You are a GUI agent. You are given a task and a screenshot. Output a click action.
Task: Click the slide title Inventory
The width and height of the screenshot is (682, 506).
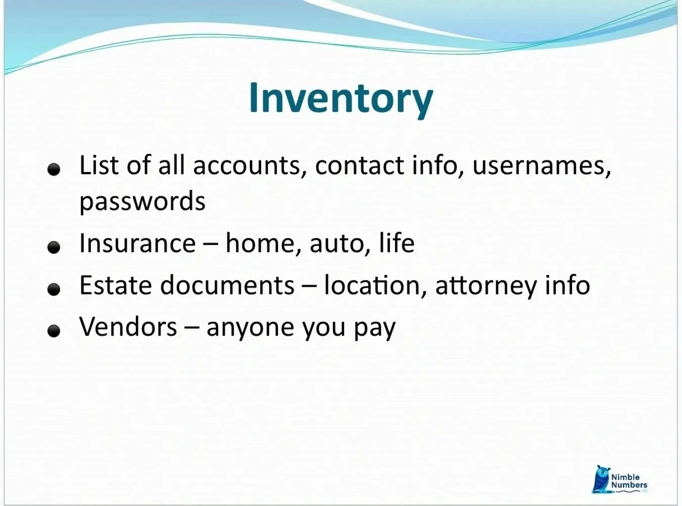341,98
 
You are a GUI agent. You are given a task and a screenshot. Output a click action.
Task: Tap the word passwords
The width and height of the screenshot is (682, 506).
142,201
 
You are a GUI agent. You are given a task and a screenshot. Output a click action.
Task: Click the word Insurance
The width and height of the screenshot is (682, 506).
137,243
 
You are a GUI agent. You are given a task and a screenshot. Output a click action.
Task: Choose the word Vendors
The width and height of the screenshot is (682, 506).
128,326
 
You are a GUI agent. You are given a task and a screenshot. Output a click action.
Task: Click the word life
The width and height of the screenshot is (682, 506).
397,243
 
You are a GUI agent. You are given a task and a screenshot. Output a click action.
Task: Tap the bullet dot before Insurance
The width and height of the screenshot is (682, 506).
54,247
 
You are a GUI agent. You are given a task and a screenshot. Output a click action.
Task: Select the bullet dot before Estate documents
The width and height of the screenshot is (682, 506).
54,289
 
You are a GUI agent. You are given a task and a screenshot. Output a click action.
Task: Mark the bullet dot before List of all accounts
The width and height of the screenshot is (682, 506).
54,170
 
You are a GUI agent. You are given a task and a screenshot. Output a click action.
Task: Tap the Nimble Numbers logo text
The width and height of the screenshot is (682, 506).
628,481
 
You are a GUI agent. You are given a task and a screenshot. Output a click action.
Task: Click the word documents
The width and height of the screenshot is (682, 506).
227,285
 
